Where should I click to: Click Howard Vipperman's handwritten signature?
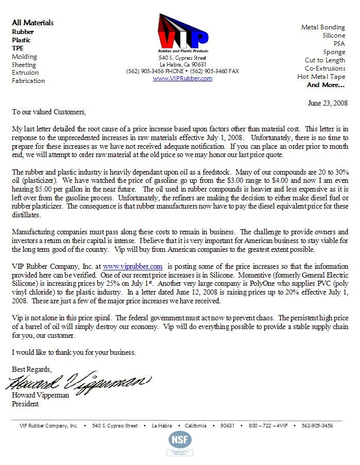point(79,382)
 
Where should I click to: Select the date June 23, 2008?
point(328,103)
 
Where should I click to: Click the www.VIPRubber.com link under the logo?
point(182,78)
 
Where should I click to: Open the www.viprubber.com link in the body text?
point(133,266)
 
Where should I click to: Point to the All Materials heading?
point(32,23)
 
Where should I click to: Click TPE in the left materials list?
point(18,48)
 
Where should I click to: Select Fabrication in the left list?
point(28,81)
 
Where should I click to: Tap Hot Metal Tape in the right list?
point(321,77)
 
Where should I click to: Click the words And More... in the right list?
point(325,85)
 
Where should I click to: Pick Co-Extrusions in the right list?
point(324,68)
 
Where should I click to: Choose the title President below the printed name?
point(25,404)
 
